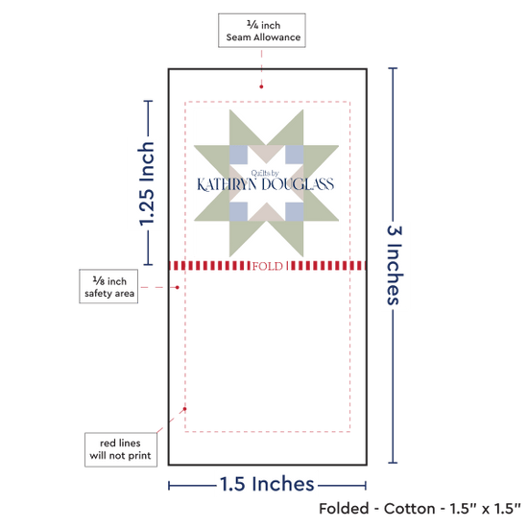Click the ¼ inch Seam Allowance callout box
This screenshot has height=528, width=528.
click(x=262, y=31)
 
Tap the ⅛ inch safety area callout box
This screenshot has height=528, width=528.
click(x=108, y=286)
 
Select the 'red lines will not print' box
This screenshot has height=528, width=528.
click(x=121, y=449)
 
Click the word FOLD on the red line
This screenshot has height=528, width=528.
click(x=268, y=266)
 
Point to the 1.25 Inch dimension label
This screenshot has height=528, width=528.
click(x=147, y=183)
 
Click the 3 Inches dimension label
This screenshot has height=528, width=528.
click(x=395, y=265)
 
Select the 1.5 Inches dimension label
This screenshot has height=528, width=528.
click(x=267, y=484)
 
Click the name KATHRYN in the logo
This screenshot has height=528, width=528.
click(x=228, y=184)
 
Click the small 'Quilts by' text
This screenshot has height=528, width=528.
click(x=265, y=173)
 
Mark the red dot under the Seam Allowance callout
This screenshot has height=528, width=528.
click(x=261, y=86)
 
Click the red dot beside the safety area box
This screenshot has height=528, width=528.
click(x=178, y=287)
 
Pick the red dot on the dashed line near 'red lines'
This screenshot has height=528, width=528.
click(x=184, y=409)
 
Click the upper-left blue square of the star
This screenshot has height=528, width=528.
click(x=238, y=155)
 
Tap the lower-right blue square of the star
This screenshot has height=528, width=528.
click(x=295, y=212)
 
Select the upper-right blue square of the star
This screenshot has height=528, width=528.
click(x=295, y=155)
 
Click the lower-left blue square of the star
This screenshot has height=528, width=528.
click(x=238, y=212)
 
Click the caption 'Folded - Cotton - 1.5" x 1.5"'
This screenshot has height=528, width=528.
click(x=420, y=509)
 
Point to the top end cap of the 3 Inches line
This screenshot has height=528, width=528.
click(x=393, y=68)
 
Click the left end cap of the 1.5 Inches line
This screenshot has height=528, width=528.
click(x=169, y=486)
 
